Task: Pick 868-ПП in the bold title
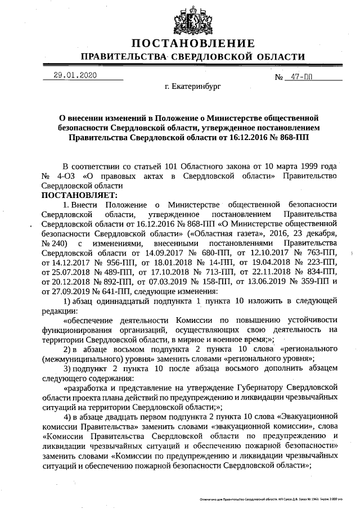(x=293, y=136)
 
